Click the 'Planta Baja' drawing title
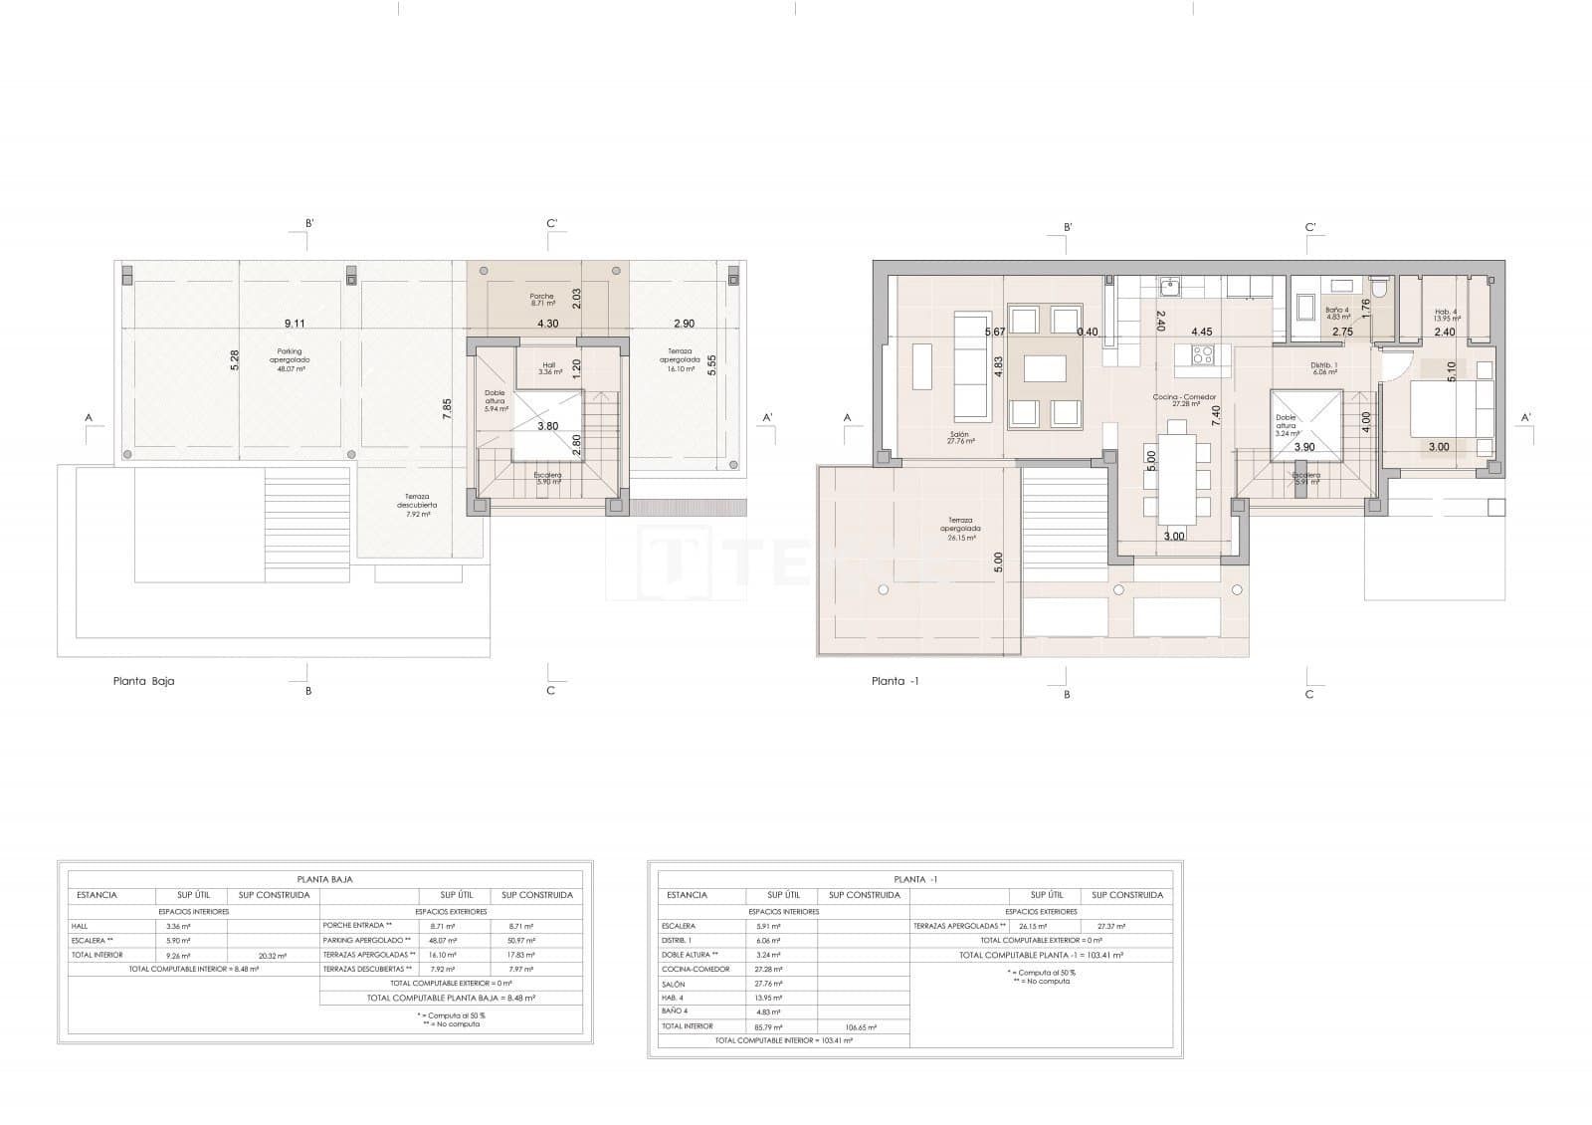pos(144,682)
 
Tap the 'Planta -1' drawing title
pos(889,682)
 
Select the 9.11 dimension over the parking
pos(295,323)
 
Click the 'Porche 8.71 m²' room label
pos(541,300)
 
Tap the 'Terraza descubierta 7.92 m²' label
pos(417,505)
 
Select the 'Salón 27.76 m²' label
pos(961,437)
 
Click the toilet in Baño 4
pos(1378,288)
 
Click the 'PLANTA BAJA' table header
pos(325,879)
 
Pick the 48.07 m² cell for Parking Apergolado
pos(443,940)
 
